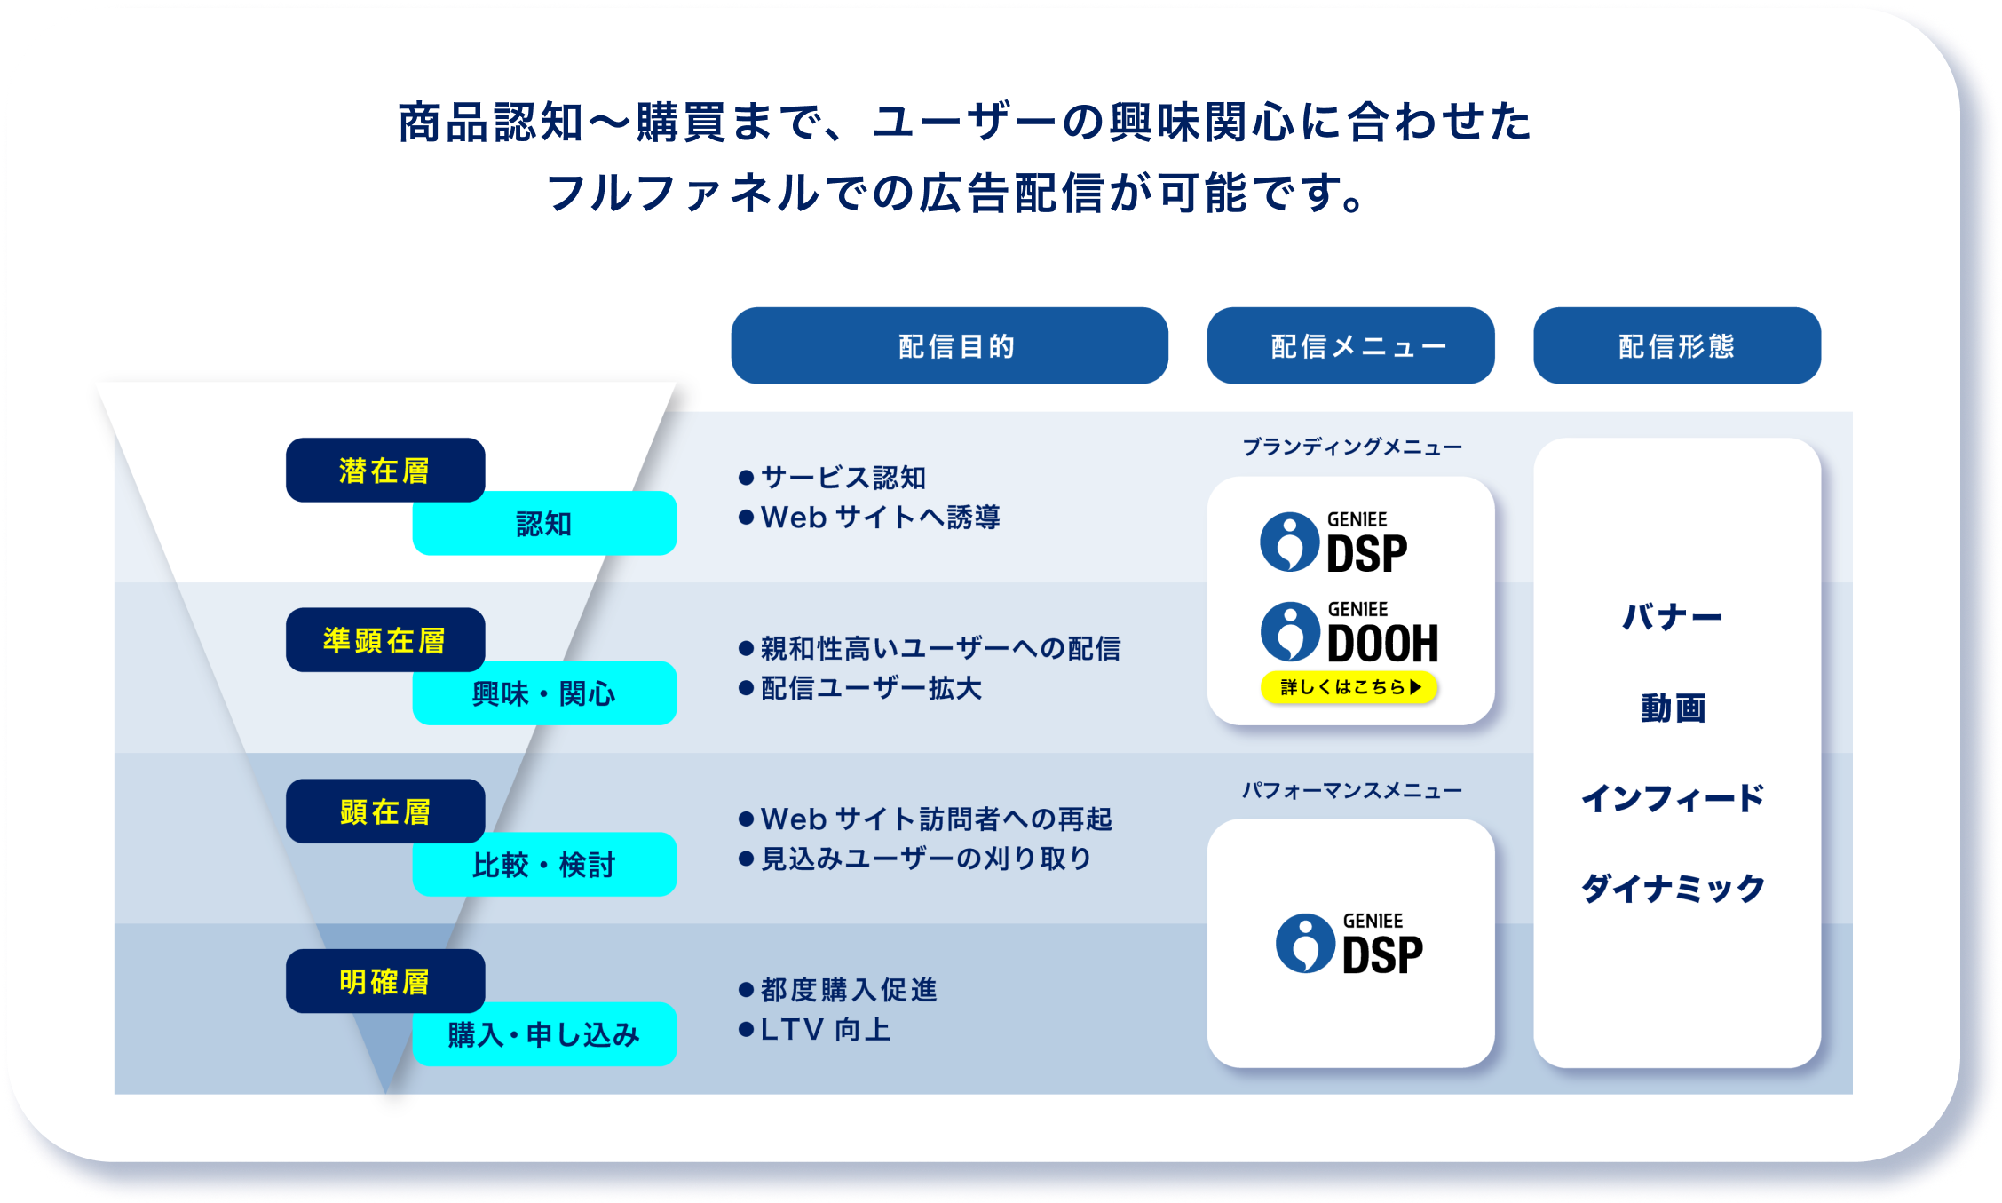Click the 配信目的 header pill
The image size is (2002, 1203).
[949, 345]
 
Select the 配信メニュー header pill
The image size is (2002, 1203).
[1350, 345]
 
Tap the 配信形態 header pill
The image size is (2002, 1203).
[1676, 345]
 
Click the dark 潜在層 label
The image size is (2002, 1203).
[384, 470]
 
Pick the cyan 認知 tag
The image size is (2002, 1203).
[544, 523]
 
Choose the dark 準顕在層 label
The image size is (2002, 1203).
[384, 639]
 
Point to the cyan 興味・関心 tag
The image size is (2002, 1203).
[544, 693]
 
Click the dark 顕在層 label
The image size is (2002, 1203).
[384, 811]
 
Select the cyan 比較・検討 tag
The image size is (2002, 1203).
[544, 864]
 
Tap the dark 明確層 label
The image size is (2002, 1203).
[384, 981]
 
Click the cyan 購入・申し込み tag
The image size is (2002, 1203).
[544, 1034]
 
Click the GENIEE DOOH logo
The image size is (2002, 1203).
[1349, 633]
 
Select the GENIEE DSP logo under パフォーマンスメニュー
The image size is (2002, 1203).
[1349, 944]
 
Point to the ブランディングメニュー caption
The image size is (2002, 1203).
[1351, 447]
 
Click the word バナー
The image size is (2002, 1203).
[1673, 617]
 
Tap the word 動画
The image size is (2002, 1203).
[1673, 708]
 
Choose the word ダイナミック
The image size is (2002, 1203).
[1673, 888]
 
